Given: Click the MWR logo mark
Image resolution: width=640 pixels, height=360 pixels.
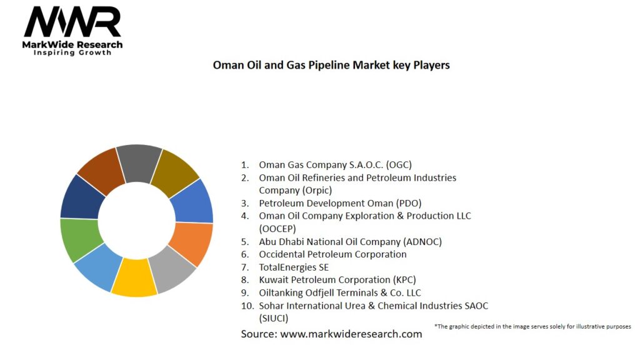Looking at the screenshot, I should pos(72,22).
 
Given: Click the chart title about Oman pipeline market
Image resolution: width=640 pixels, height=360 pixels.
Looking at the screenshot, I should pos(331,65).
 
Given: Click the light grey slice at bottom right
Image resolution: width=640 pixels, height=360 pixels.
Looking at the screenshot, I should pos(173,269).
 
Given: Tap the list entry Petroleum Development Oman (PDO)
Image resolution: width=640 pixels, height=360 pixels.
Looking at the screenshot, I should pos(340,203).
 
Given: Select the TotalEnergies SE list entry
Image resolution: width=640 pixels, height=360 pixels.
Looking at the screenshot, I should pos(294,267).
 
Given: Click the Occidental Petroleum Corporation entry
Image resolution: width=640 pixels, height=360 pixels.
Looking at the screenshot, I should pos(332,254).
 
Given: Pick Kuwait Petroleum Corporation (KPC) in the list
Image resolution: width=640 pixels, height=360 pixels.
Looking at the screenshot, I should pos(337,280).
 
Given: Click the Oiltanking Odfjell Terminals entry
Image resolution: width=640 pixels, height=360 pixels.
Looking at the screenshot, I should pos(340,292).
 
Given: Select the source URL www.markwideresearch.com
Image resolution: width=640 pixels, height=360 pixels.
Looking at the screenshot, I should pos(351,334).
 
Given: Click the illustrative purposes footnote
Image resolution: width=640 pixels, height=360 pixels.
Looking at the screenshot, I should pos(532,326).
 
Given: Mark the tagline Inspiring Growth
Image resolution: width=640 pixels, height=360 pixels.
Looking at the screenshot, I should pos(72,52).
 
